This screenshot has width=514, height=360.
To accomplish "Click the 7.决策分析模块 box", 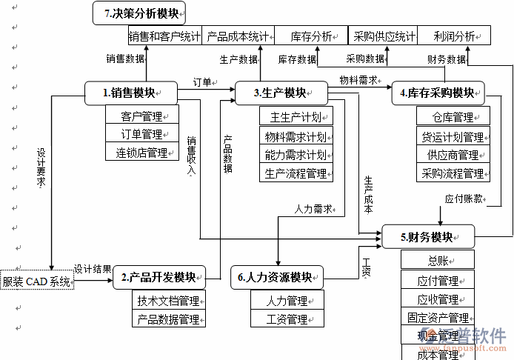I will click(139, 13).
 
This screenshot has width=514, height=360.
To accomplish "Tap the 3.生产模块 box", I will click(281, 93).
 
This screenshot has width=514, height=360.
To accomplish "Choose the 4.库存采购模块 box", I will click(437, 93).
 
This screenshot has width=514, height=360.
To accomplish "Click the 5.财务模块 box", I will click(427, 237).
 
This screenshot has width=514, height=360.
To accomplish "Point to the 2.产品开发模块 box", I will click(158, 278).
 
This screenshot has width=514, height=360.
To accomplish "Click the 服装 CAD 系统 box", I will click(37, 281).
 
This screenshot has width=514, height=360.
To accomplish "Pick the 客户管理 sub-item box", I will click(142, 116).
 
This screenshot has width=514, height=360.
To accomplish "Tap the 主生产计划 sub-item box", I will click(296, 116).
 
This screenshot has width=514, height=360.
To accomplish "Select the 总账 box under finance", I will click(437, 260).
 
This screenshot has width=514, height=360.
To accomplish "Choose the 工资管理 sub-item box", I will click(287, 319).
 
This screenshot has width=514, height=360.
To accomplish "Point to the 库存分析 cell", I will click(311, 36).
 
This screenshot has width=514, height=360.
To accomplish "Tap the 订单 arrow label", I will click(202, 81).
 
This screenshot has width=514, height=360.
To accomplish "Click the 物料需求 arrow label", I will click(358, 79).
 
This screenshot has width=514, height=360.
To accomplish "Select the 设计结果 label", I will click(93, 269).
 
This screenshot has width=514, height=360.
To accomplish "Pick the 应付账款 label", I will click(464, 199).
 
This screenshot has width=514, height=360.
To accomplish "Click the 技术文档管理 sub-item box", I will click(168, 301).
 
